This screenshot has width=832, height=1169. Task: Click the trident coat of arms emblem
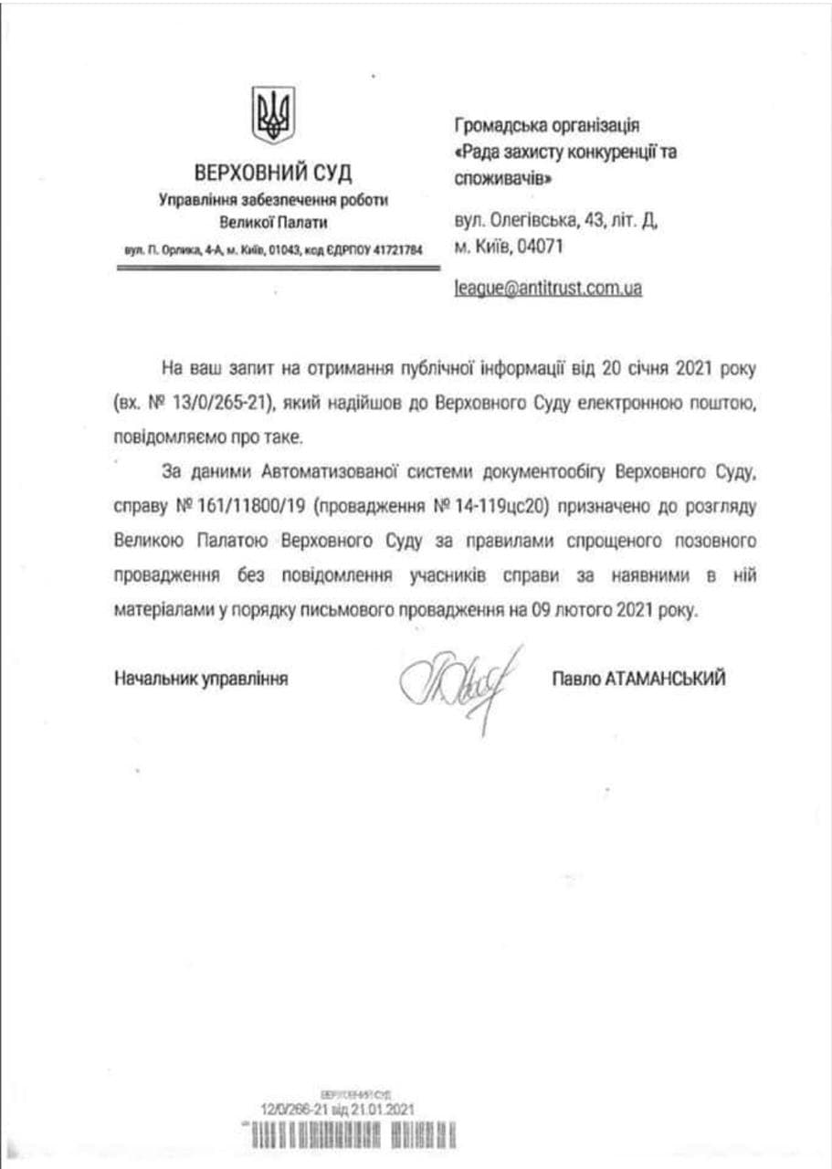pos(273,116)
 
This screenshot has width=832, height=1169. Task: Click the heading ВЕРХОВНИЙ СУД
pos(273,174)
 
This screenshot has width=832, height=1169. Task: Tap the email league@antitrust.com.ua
pos(547,288)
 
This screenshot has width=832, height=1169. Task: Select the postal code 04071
pos(542,247)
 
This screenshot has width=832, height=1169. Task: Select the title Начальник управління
pos(202,678)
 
